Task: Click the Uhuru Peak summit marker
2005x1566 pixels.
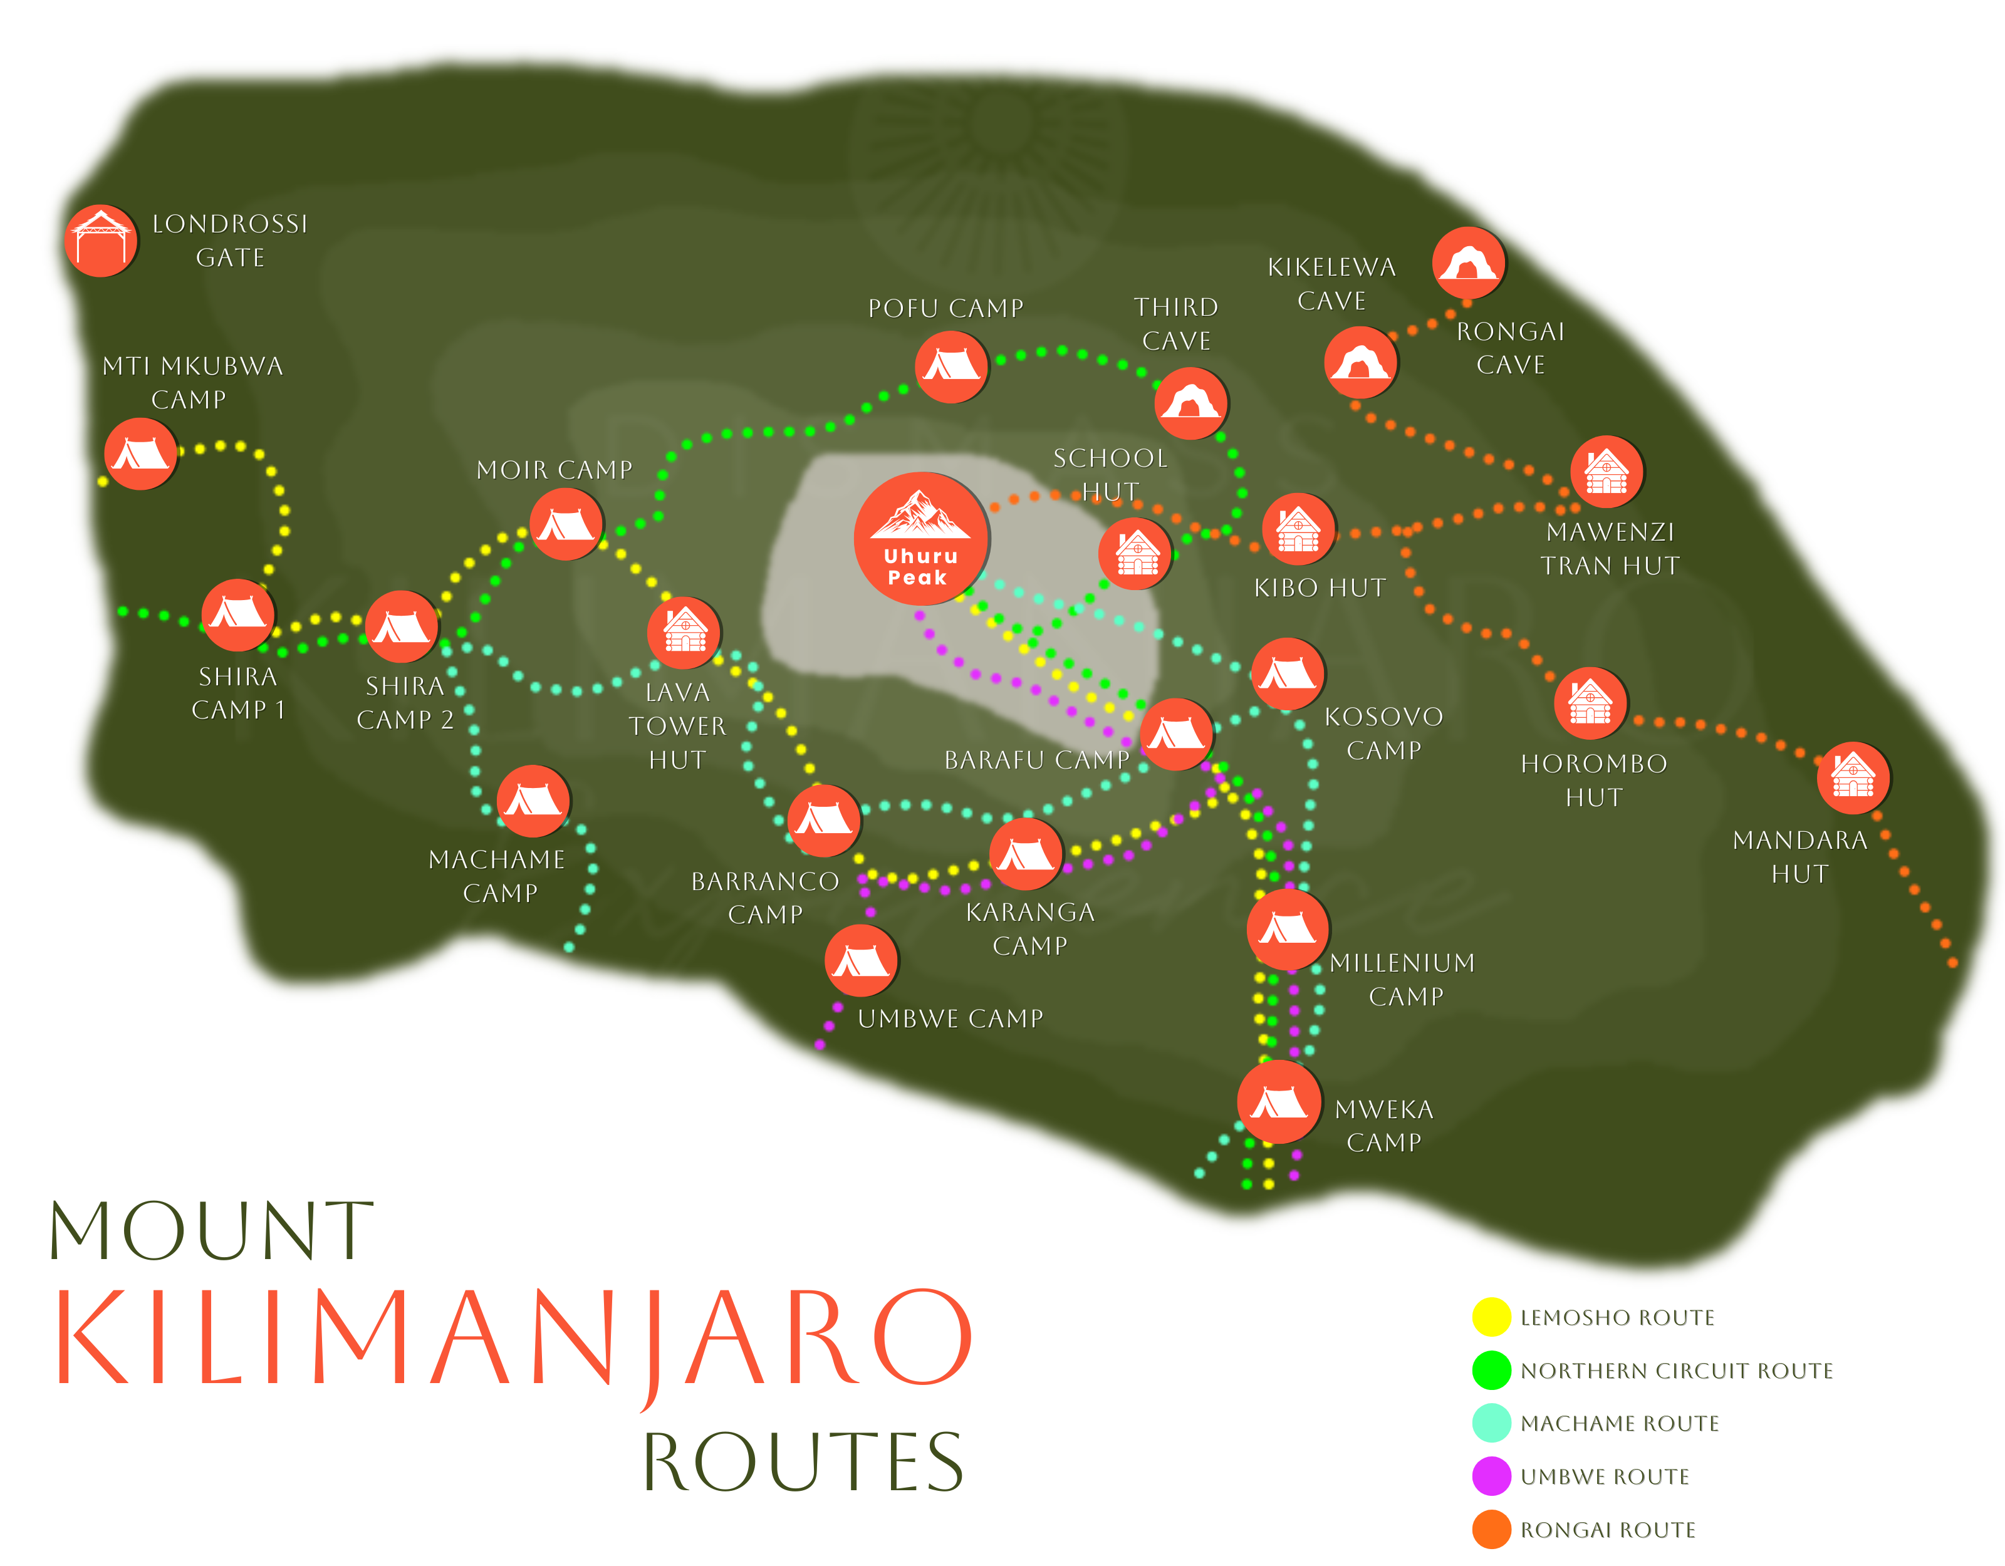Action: [x=921, y=539]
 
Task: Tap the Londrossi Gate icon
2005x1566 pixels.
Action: [x=101, y=241]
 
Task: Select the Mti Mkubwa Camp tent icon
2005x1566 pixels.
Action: [x=140, y=454]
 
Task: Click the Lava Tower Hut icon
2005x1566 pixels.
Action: [x=684, y=631]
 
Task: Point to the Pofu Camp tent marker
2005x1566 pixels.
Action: [x=951, y=366]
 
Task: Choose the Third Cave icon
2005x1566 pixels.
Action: [x=1190, y=403]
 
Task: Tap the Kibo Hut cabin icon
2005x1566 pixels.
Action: [x=1298, y=529]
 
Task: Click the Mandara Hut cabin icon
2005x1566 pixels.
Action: [x=1853, y=777]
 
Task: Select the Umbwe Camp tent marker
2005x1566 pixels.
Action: [x=861, y=960]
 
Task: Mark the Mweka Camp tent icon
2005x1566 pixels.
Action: [x=1279, y=1101]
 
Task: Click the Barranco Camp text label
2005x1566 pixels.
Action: [x=765, y=897]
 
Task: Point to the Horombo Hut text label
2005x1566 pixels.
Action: [x=1594, y=780]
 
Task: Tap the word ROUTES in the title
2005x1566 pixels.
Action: [x=803, y=1461]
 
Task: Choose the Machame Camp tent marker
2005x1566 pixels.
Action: [x=533, y=801]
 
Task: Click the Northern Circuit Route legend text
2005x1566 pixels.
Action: [x=1675, y=1371]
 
